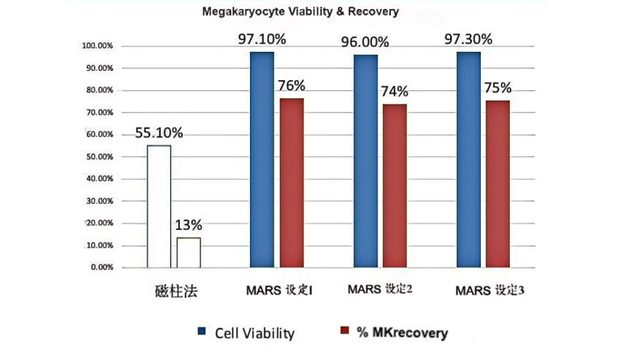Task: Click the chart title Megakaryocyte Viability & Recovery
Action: pos(300,12)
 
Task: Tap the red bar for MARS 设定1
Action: pos(292,183)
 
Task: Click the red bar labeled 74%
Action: pos(395,186)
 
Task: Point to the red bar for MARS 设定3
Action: pos(498,184)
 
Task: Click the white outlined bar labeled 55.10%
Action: pos(159,206)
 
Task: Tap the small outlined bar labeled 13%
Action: pos(189,252)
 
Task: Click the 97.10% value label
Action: pos(262,40)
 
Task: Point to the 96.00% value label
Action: pos(365,42)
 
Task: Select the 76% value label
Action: pos(292,86)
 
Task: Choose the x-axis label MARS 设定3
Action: pos(488,290)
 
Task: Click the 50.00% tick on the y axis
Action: pos(98,157)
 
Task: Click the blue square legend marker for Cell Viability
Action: pos(200,333)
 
